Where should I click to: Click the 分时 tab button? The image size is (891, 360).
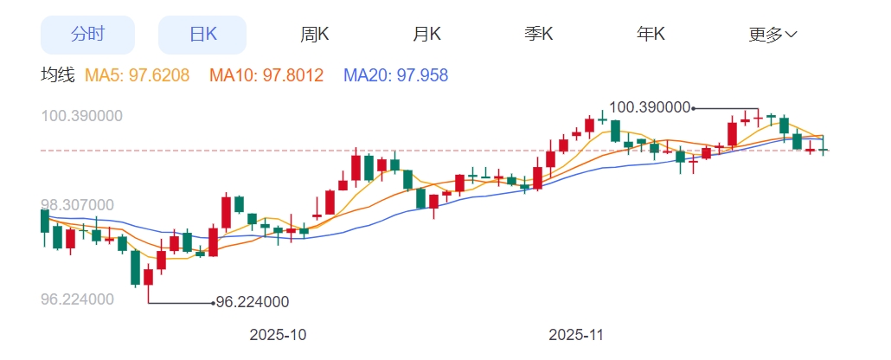tap(87, 35)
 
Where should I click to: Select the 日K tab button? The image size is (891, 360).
tap(202, 35)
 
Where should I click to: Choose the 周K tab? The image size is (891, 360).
tap(315, 35)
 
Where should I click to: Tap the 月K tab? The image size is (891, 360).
tap(426, 35)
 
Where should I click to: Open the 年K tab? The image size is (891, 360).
tap(651, 35)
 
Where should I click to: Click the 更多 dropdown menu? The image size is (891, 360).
tap(772, 35)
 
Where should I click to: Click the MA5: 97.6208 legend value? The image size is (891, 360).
tap(138, 76)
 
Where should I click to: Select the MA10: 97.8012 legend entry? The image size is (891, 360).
tap(266, 76)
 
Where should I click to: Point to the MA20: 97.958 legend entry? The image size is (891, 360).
tap(396, 76)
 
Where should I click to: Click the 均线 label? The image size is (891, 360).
tap(58, 76)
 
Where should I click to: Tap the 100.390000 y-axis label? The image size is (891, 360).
tap(82, 116)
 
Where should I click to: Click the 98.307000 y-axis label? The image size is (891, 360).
tap(78, 205)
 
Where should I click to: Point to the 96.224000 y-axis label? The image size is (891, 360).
tap(78, 299)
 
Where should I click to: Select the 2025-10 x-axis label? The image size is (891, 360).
tap(278, 334)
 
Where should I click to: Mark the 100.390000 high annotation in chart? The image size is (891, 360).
tap(650, 107)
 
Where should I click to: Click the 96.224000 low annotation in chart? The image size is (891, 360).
tap(252, 302)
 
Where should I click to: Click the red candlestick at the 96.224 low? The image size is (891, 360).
tap(148, 277)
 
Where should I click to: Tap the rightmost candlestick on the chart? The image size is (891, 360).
tap(824, 149)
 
